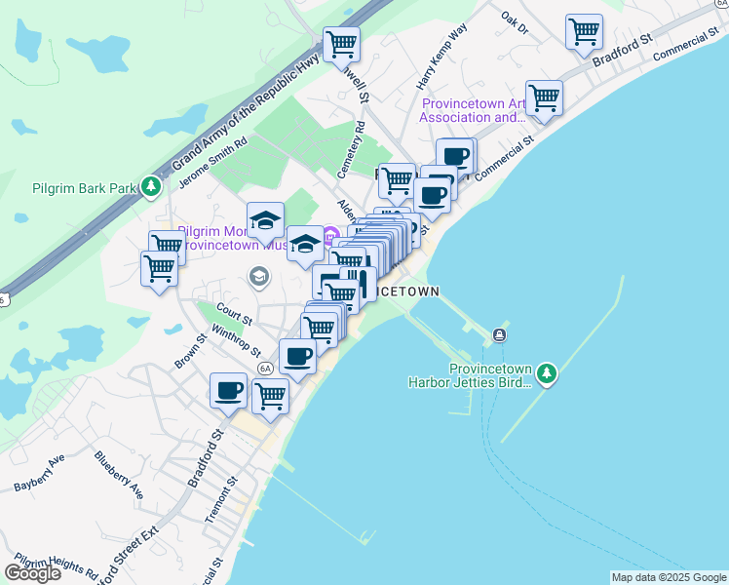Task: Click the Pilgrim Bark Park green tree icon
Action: pos(150,186)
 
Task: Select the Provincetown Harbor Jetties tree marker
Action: pos(547,373)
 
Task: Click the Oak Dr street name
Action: pos(515,22)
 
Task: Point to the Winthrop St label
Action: pos(243,342)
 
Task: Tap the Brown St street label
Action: pos(191,354)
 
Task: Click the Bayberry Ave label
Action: pos(39,472)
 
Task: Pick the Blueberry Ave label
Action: pos(119,474)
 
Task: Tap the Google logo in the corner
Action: pos(32,573)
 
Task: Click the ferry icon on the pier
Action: pos(499,335)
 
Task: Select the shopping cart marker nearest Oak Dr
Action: pos(584,31)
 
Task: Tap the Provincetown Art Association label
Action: pos(473,110)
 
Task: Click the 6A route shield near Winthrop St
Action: pos(265,369)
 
